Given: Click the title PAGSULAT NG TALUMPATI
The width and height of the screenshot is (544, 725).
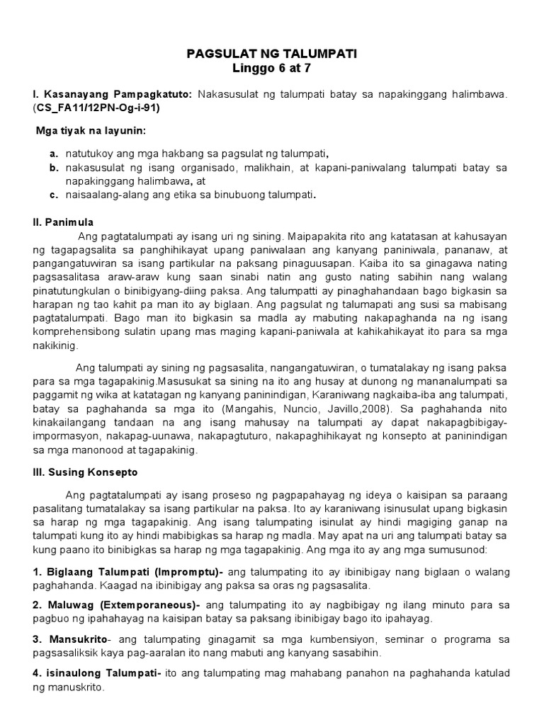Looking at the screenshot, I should [x=272, y=54].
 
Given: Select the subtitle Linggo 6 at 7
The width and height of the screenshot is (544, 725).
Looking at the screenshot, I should [x=272, y=69].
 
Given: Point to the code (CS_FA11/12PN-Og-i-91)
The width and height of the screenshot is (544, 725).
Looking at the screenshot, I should [x=96, y=108].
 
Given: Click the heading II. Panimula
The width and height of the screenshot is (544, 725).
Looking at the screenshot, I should [x=63, y=222].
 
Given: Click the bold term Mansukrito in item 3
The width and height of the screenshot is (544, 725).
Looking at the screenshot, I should [x=76, y=639].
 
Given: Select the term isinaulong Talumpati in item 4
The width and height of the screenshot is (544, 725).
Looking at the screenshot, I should [x=101, y=673].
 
